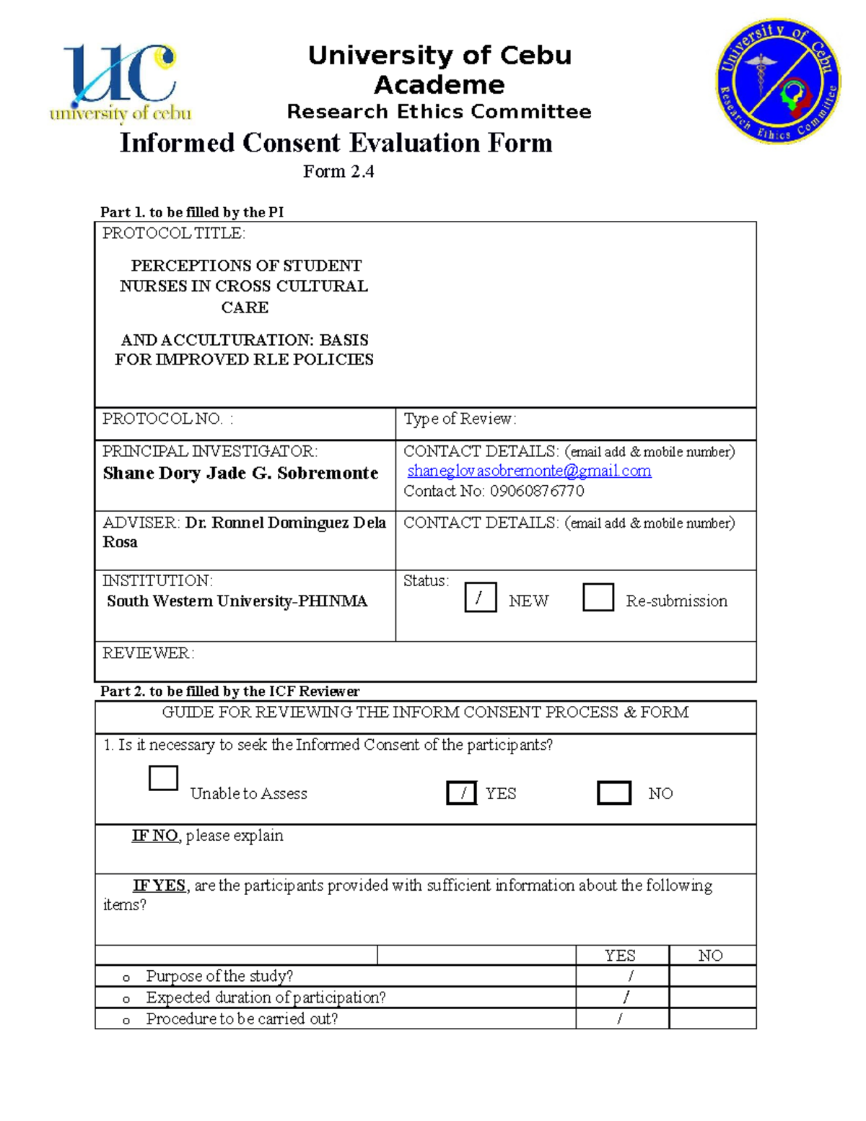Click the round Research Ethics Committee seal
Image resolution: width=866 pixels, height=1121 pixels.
click(x=778, y=81)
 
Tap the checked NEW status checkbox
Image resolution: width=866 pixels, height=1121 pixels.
click(x=480, y=598)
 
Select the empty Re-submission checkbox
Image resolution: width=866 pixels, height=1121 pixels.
click(x=598, y=598)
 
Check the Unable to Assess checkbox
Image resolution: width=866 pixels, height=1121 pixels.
click(x=163, y=778)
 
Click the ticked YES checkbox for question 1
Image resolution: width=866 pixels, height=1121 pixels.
click(x=462, y=793)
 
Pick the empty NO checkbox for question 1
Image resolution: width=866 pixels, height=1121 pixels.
click(x=614, y=793)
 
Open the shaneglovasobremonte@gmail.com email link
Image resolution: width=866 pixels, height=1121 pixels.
click(x=529, y=471)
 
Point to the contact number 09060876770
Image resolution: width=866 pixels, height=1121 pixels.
click(x=537, y=491)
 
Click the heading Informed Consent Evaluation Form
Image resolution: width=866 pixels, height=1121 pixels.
click(x=336, y=143)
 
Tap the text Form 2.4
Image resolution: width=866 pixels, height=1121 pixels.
click(x=338, y=171)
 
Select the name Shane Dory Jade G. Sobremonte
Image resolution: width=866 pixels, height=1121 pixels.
click(x=240, y=474)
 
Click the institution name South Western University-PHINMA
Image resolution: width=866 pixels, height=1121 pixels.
click(x=237, y=601)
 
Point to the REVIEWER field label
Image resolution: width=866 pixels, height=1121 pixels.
click(x=148, y=653)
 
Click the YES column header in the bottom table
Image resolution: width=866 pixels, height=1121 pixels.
click(x=620, y=956)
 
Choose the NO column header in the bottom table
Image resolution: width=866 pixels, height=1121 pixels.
click(x=711, y=956)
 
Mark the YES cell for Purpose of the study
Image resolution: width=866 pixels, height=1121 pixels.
click(x=623, y=977)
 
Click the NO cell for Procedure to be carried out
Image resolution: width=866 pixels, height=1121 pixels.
click(x=712, y=1019)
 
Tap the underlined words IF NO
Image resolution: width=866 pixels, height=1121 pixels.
click(x=154, y=836)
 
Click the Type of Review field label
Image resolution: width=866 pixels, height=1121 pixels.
click(x=460, y=419)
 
